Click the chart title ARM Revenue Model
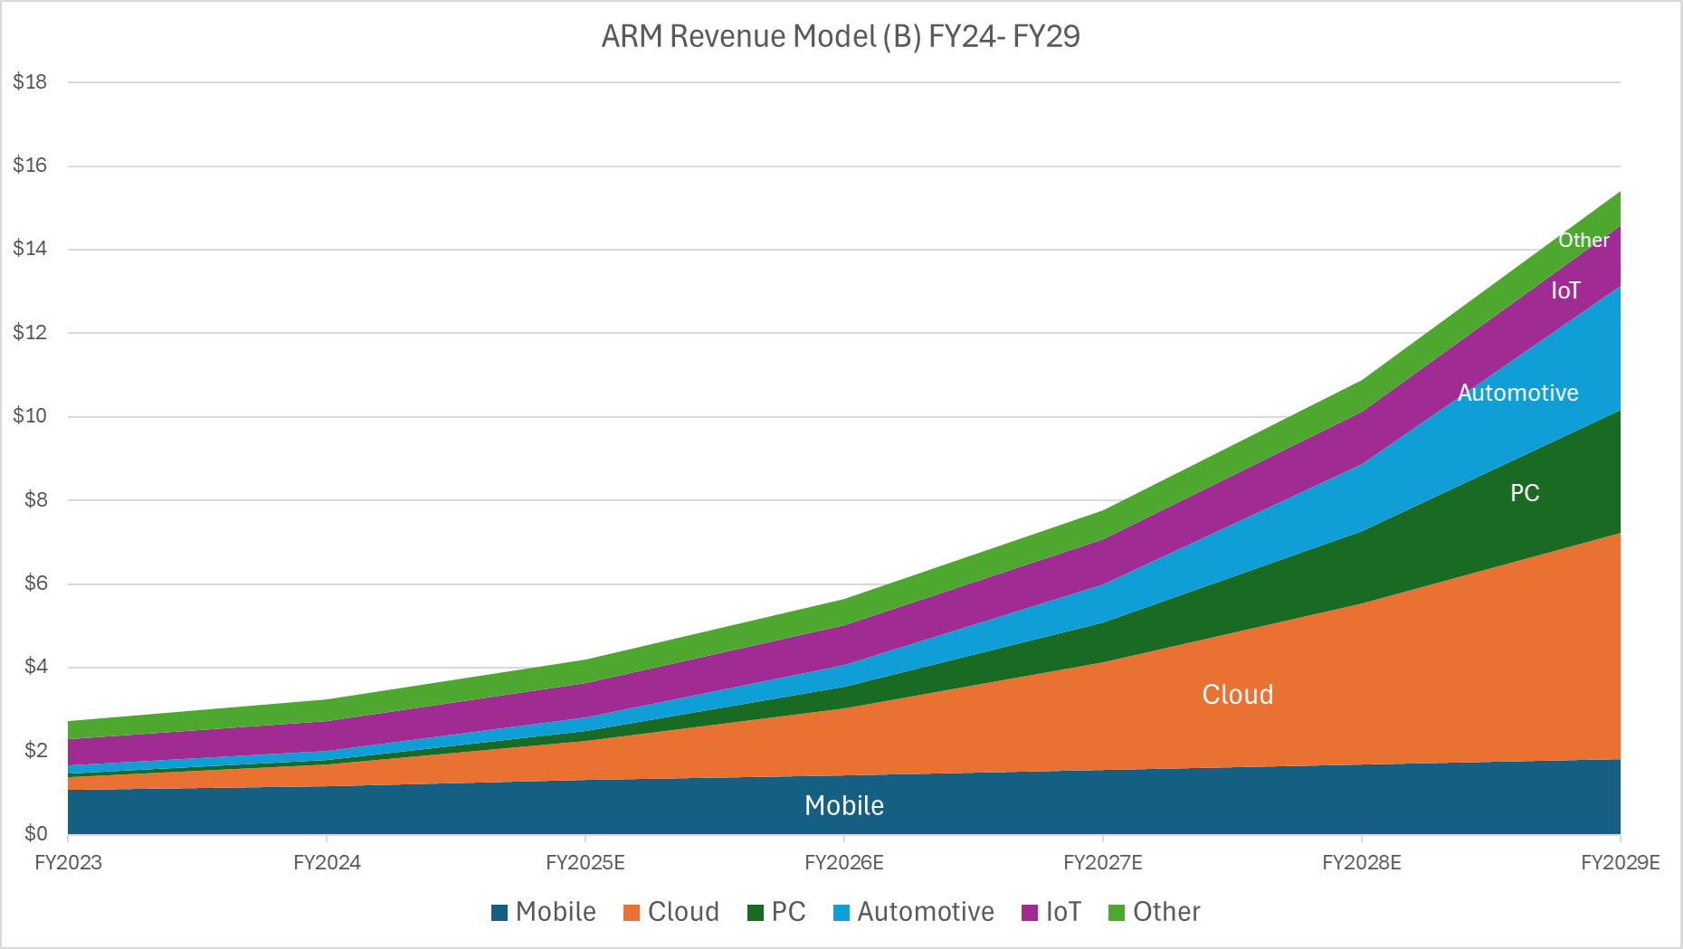tap(841, 36)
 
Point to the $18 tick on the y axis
tap(30, 82)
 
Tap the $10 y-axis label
tap(30, 416)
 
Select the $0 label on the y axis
tap(35, 833)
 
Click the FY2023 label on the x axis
tap(68, 863)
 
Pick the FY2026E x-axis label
tap(843, 863)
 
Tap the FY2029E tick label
tap(1620, 863)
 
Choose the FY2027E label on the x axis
tap(1102, 863)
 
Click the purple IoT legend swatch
tap(1030, 913)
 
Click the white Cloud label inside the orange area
tap(1237, 695)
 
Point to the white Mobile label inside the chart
tap(843, 806)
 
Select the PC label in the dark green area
tap(1525, 493)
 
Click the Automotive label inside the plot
tap(1517, 394)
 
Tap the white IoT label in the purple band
tap(1565, 290)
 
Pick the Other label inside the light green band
tap(1583, 241)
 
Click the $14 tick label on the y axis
tap(30, 249)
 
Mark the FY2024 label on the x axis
tap(327, 863)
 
